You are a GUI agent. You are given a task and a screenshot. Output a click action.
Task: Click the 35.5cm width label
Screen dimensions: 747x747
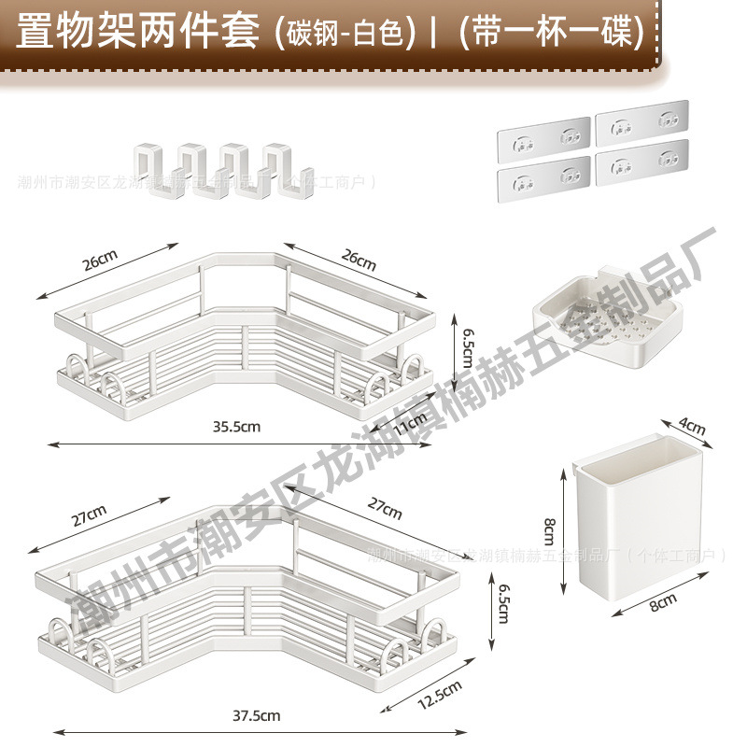[234, 427]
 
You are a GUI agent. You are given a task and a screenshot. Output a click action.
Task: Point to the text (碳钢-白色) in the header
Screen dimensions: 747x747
[345, 33]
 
